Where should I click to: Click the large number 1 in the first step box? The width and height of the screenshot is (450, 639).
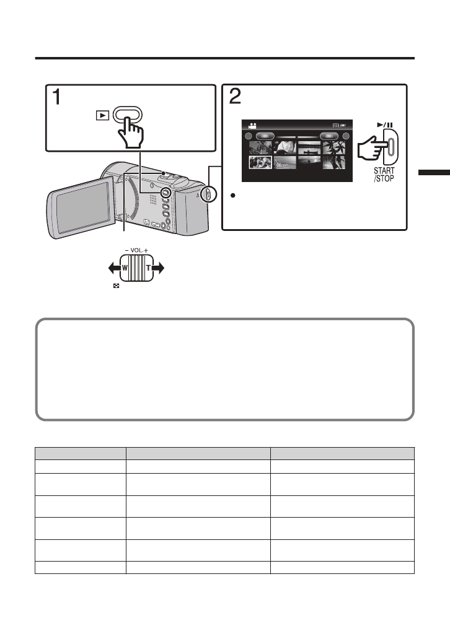[56, 98]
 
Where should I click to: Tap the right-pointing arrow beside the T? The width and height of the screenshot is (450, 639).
[158, 268]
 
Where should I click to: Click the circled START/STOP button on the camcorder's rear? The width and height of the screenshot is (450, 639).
[208, 194]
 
